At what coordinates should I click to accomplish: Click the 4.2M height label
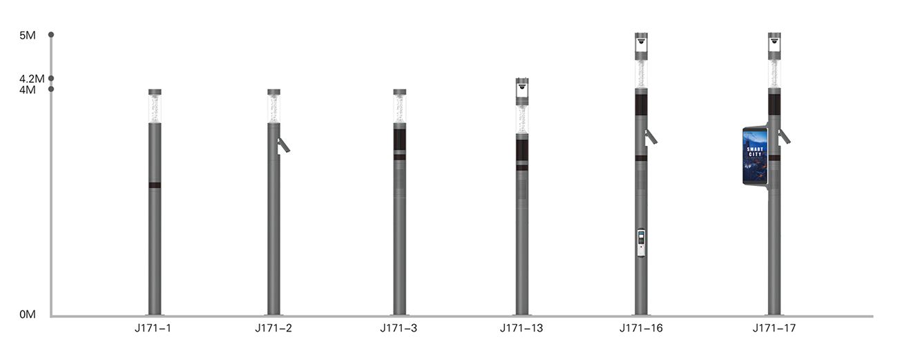point(32,79)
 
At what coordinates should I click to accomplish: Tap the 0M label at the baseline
point(27,315)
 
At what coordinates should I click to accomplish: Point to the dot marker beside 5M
point(51,35)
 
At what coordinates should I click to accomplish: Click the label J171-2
point(273,328)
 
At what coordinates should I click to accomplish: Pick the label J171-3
point(398,328)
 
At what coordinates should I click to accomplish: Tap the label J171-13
point(521,328)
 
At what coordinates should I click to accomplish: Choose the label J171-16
point(641,328)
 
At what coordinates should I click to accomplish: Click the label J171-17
point(774,328)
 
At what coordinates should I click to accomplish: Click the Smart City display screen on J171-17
point(755,155)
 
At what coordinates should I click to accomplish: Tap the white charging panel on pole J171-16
point(642,243)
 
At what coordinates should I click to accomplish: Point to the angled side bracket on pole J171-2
point(283,145)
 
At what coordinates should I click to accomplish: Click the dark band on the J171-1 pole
point(155,185)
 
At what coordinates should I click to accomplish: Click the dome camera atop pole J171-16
point(642,41)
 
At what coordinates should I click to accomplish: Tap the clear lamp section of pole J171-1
point(155,108)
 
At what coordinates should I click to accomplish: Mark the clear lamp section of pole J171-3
point(400,108)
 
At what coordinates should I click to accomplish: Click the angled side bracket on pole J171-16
point(651,137)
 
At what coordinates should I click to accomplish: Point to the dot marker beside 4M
point(51,88)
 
